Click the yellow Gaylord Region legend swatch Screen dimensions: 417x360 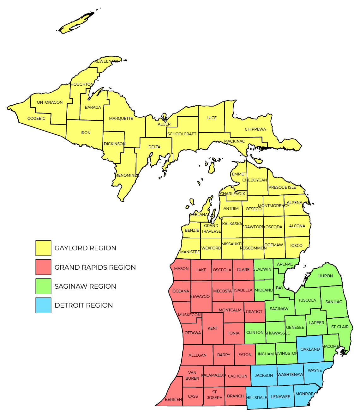43,248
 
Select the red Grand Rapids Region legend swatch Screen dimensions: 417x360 43,267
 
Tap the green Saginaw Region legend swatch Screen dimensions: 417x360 43,286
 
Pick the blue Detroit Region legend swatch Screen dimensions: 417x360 43,305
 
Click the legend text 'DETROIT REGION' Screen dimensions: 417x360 84,305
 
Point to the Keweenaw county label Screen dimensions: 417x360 106,61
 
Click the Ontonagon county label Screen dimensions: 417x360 50,102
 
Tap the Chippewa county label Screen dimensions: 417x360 255,129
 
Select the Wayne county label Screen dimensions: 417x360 315,370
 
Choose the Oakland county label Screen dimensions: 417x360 310,349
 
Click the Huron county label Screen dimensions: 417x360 325,276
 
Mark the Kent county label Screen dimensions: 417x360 213,328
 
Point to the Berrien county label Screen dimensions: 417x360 173,399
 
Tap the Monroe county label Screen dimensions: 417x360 304,394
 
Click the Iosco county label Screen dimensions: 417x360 296,245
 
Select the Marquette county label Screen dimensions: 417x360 121,118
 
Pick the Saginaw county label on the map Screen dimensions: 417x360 279,309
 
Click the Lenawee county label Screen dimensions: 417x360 280,396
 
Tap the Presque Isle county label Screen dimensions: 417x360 282,187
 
